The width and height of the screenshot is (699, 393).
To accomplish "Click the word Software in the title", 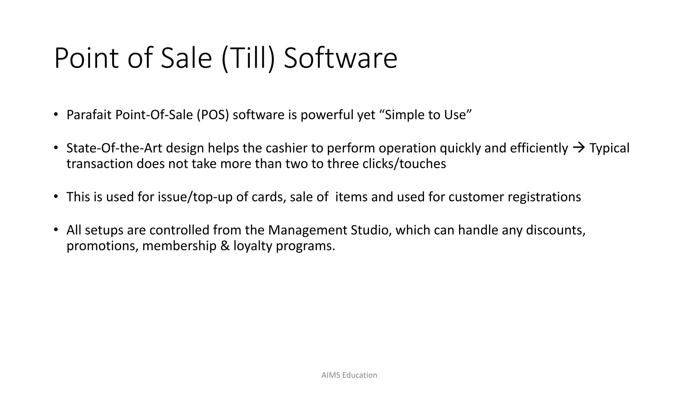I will pyautogui.click(x=340, y=58).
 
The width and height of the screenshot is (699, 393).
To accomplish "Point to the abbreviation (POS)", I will pyautogui.click(x=212, y=115).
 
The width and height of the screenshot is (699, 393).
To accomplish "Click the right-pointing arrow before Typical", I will pyautogui.click(x=579, y=148).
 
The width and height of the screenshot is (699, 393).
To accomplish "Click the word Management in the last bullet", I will pyautogui.click(x=308, y=230).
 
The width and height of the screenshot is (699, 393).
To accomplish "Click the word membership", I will pyautogui.click(x=179, y=246).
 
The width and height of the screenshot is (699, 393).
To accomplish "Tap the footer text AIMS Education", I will pyautogui.click(x=349, y=375).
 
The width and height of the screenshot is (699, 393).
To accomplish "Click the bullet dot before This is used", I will pyautogui.click(x=56, y=196).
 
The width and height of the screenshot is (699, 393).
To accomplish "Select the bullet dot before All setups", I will pyautogui.click(x=56, y=230).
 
